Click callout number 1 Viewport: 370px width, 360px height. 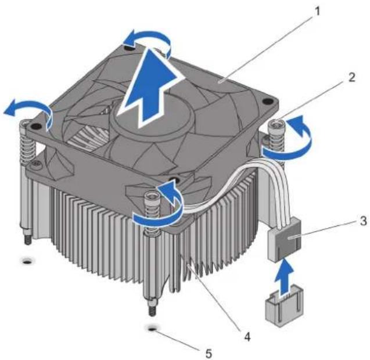[x=318, y=11]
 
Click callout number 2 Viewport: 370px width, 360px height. [x=351, y=77]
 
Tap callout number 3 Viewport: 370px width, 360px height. [x=363, y=221]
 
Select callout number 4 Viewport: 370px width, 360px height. [x=247, y=336]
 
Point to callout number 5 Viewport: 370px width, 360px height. [x=208, y=353]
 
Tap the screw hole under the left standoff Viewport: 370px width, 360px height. [x=28, y=261]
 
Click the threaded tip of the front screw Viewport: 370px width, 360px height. [x=152, y=308]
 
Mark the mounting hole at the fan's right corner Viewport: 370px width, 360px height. [x=267, y=102]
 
